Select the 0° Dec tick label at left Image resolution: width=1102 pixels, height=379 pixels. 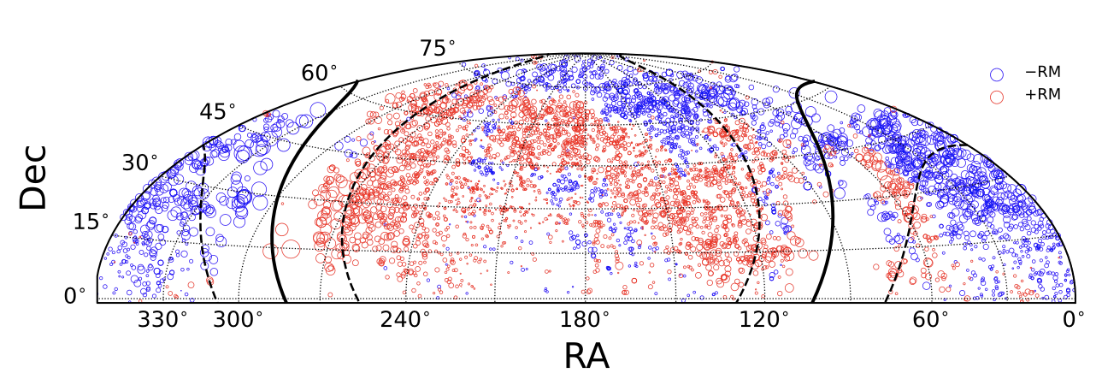[x=76, y=296]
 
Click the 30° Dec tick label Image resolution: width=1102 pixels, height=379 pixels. [x=139, y=163]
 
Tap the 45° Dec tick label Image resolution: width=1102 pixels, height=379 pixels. [x=218, y=112]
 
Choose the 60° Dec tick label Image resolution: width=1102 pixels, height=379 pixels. [x=319, y=73]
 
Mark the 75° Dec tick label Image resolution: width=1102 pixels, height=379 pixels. [x=438, y=49]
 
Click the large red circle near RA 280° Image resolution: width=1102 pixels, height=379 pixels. [x=291, y=249]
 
